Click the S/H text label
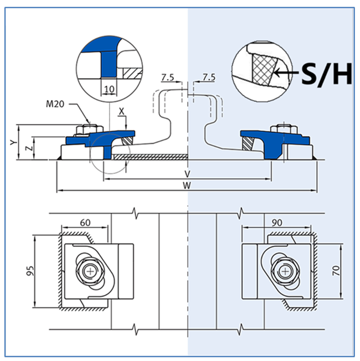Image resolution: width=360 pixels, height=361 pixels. [x=326, y=74]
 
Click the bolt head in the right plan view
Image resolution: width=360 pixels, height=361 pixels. [x=285, y=272]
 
